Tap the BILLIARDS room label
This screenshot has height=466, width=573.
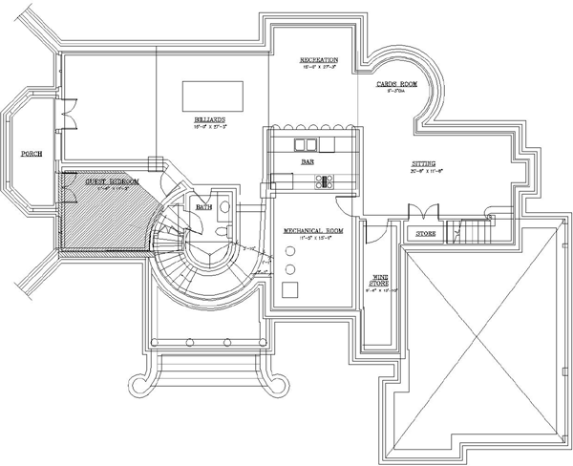209,119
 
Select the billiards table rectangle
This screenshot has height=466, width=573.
212,96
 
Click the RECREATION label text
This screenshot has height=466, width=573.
318,58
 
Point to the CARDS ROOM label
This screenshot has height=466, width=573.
394,84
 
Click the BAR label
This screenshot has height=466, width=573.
308,162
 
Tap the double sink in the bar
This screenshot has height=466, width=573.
306,145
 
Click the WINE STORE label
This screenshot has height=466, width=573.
380,282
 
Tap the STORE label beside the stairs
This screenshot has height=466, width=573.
426,232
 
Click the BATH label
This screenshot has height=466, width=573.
203,206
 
